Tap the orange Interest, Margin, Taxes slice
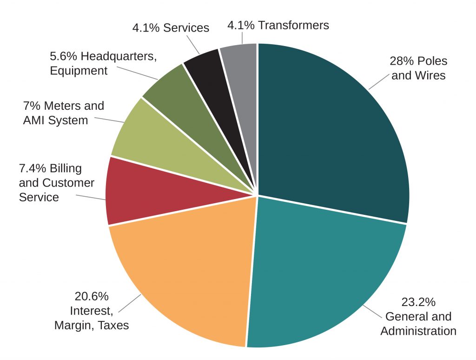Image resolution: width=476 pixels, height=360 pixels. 186,270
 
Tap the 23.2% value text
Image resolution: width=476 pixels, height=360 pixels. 418,302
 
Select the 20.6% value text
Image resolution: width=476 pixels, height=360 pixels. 92,296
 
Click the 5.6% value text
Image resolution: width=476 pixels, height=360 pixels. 64,57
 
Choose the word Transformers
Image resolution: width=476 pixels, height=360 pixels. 293,25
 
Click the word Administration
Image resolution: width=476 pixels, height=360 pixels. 418,331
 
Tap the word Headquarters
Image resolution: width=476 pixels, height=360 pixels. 119,57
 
